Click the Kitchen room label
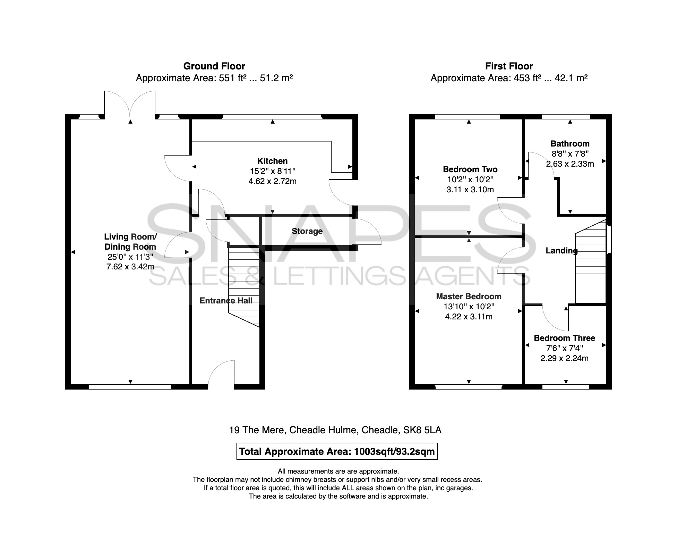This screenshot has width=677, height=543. pyautogui.click(x=272, y=161)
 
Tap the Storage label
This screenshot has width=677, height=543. pyautogui.click(x=307, y=231)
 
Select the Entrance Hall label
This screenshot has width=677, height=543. pyautogui.click(x=226, y=301)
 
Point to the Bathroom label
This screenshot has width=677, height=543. pyautogui.click(x=570, y=144)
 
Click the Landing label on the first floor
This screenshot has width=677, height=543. pyautogui.click(x=562, y=251)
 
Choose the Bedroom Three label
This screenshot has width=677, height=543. pyautogui.click(x=564, y=338)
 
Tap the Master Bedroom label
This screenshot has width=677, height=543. pyautogui.click(x=469, y=296)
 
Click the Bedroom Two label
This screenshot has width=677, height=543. pyautogui.click(x=470, y=169)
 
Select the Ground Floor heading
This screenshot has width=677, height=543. pyautogui.click(x=214, y=66)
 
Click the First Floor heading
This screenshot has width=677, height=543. pyautogui.click(x=509, y=66)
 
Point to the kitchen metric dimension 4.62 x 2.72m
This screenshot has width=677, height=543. pyautogui.click(x=272, y=181)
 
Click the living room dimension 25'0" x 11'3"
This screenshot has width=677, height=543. pyautogui.click(x=130, y=257)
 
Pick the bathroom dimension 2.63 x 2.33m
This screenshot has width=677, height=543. pyautogui.click(x=570, y=164)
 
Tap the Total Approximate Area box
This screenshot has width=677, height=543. pyautogui.click(x=337, y=451)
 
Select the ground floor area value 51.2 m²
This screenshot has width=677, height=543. pyautogui.click(x=276, y=78)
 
